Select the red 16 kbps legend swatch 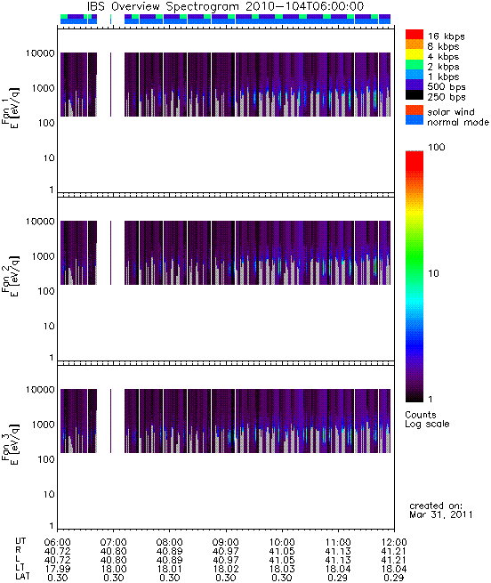(x=415, y=34)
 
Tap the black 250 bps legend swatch (x=415, y=95)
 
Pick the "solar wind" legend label (x=451, y=112)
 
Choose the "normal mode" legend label (x=458, y=122)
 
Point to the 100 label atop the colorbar (x=437, y=147)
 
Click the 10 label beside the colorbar (x=433, y=273)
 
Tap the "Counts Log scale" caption (x=427, y=419)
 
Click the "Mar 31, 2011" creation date (x=441, y=514)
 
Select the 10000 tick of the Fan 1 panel (x=40, y=53)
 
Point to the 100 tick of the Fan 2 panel (x=46, y=291)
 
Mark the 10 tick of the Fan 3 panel (x=49, y=494)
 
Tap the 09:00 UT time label (x=226, y=542)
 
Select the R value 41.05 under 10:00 (x=282, y=551)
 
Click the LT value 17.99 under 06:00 (x=57, y=569)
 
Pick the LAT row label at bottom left (x=22, y=577)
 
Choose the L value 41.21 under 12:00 (x=394, y=560)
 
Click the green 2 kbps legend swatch (x=415, y=65)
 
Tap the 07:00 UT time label (x=113, y=542)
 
